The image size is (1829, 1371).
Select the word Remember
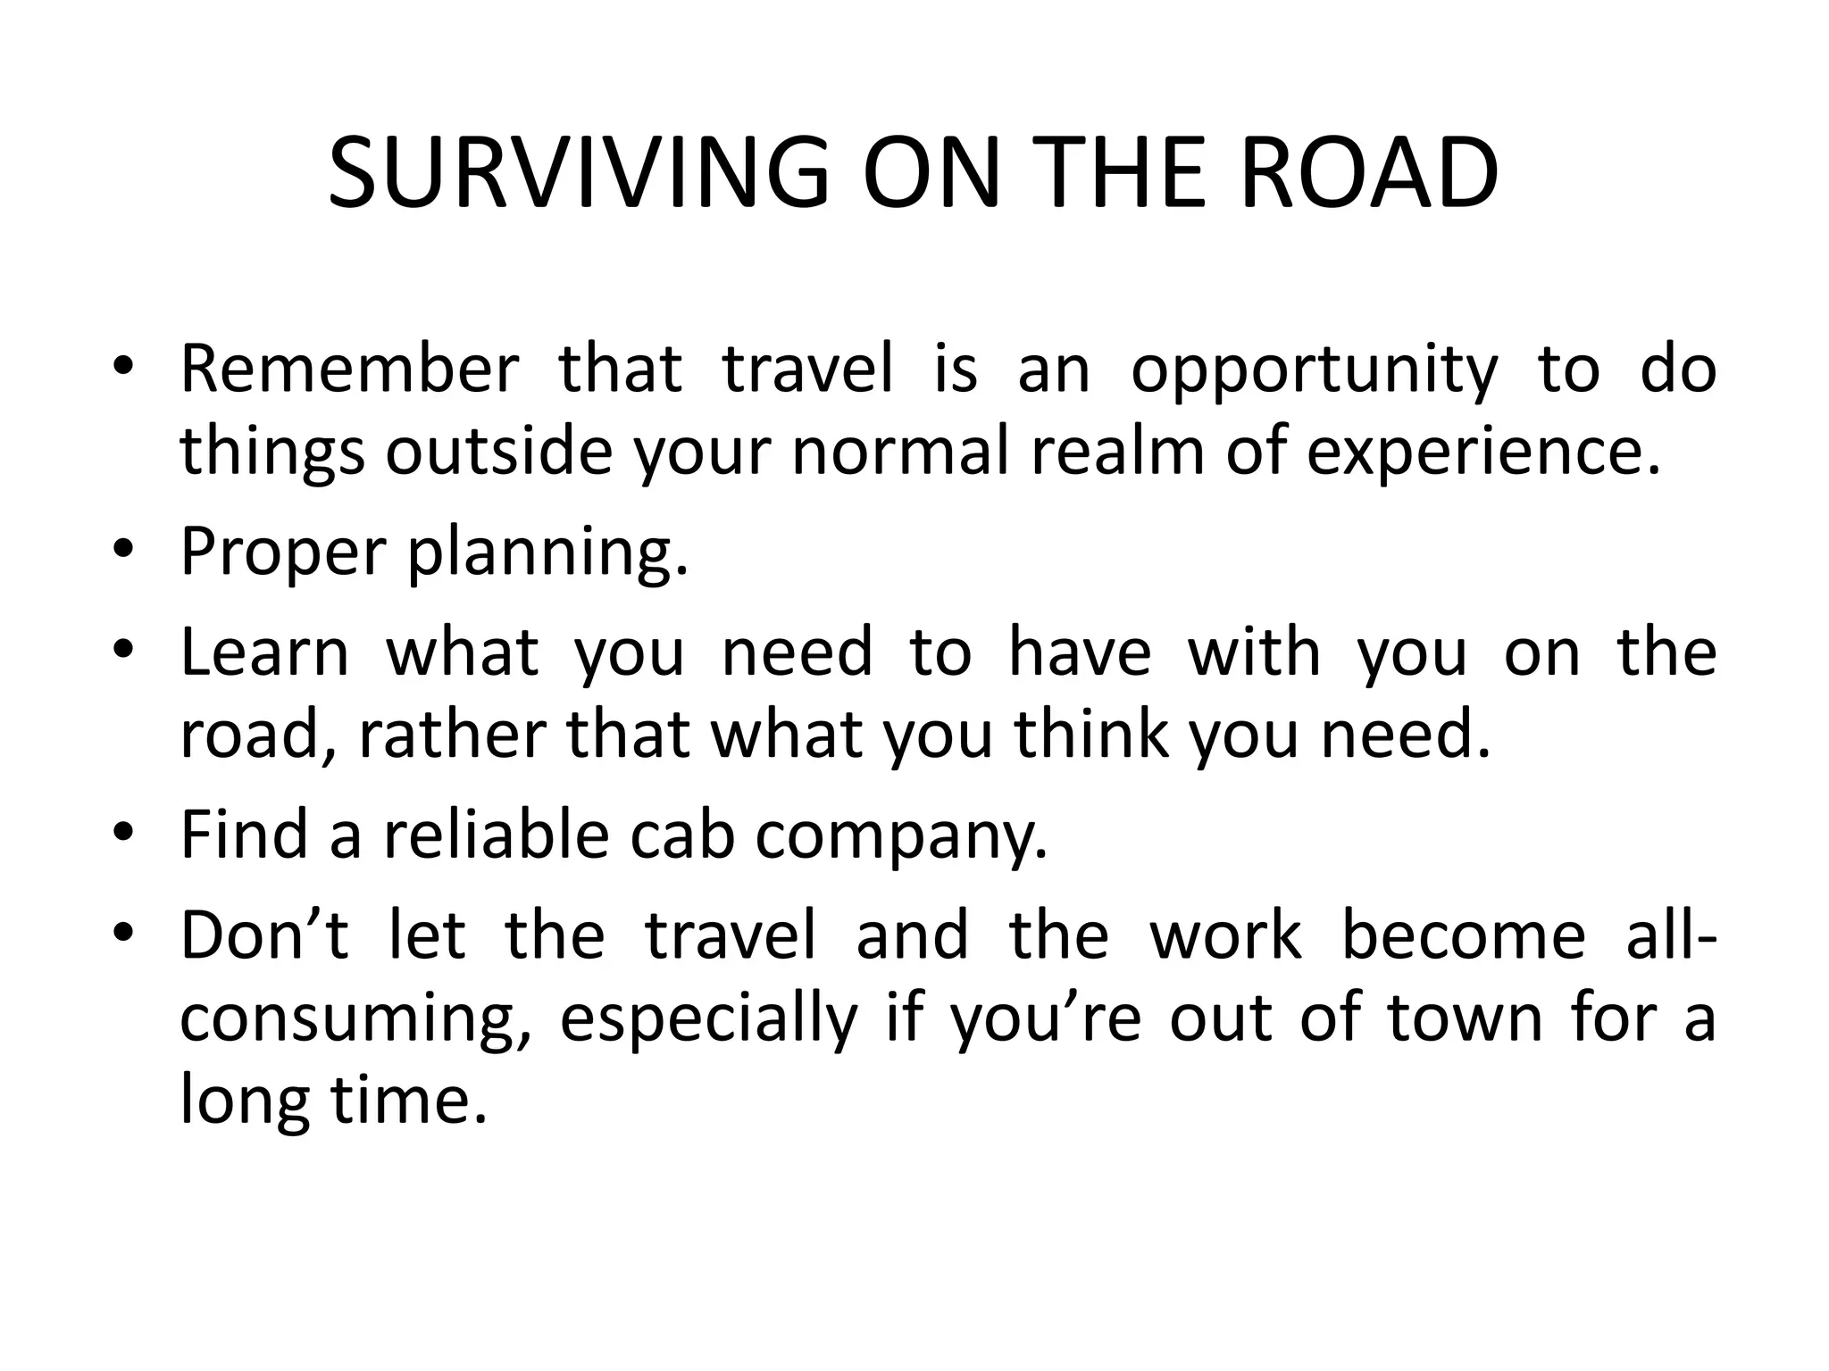349,369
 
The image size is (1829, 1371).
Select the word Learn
264,652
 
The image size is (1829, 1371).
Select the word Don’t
264,935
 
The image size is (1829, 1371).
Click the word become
1464,935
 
